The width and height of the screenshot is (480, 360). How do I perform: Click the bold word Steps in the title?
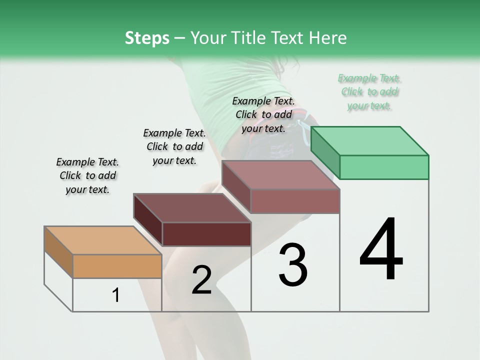147,38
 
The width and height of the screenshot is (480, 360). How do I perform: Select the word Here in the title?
328,38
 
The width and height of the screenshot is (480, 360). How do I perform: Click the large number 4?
381,250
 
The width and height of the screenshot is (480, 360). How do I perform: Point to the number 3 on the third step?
292,265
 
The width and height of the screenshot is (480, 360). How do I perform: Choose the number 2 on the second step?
201,280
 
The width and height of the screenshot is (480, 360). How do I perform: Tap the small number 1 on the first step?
116,295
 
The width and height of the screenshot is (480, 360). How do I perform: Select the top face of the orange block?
103,240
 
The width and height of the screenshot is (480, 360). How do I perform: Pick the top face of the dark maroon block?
192,208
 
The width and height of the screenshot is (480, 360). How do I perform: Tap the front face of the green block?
384,167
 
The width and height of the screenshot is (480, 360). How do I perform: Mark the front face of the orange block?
117,266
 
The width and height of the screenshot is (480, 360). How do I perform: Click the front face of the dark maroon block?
206,234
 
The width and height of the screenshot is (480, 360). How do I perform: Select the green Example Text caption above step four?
369,92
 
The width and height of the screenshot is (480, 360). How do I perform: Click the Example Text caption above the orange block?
87,176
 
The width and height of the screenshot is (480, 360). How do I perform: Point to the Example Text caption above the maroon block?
174,147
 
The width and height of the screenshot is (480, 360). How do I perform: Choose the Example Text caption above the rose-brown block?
263,114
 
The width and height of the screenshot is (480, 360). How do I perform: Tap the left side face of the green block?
325,153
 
